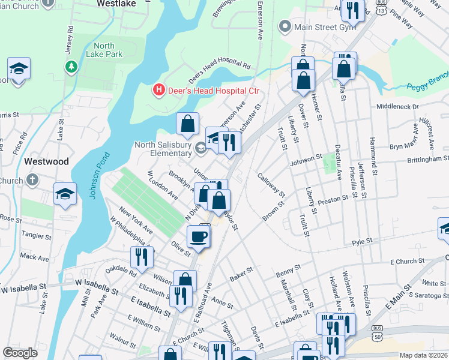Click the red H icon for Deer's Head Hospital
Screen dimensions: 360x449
pos(158,91)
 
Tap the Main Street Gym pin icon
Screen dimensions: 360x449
pos(285,27)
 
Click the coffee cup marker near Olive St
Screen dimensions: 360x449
pos(199,236)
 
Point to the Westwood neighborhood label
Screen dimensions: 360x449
pos(47,161)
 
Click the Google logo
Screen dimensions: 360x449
pos(20,353)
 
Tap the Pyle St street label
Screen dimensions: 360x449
pos(363,241)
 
